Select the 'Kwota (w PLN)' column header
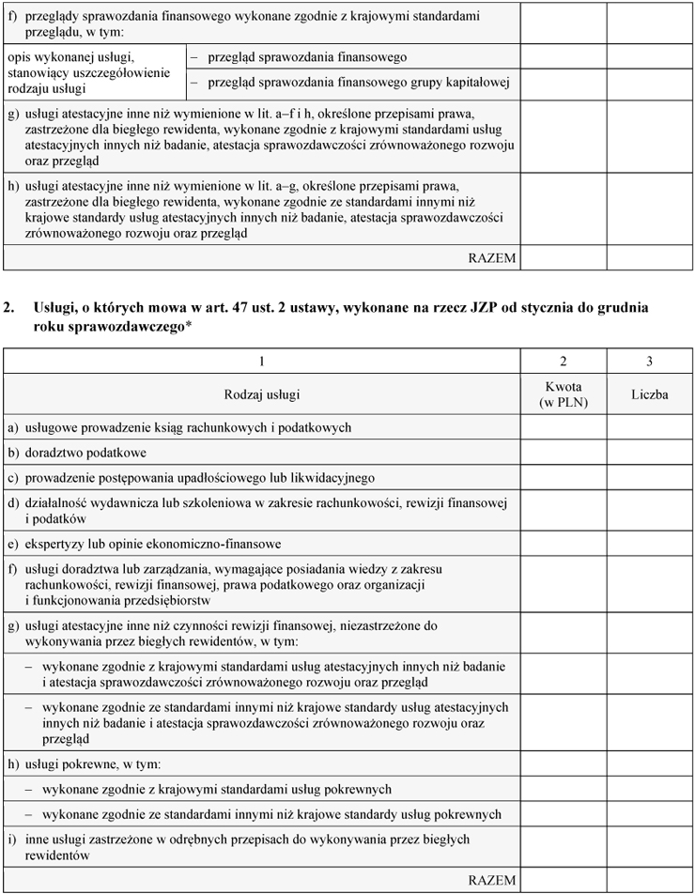(563, 394)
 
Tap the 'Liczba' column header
(649, 394)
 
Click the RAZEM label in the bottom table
(492, 881)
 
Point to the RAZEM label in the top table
(492, 257)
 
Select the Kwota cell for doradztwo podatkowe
(563, 453)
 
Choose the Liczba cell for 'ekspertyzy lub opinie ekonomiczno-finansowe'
(649, 544)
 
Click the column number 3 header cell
(649, 362)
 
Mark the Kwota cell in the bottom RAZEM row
(563, 881)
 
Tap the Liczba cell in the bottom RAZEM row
(649, 881)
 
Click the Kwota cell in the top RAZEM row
(563, 257)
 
